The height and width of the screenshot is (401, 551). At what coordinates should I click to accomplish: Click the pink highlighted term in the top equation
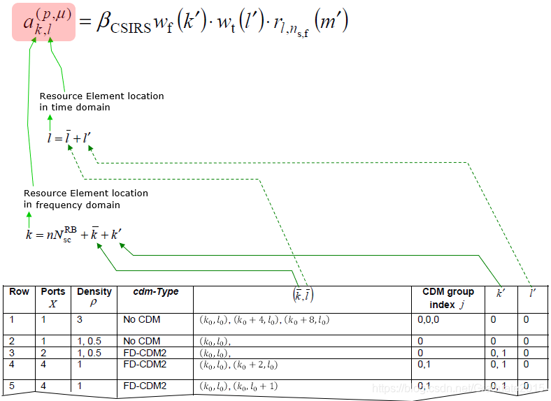pyautogui.click(x=43, y=24)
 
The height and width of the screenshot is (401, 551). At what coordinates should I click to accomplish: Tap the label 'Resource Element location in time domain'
pyautogui.click(x=101, y=101)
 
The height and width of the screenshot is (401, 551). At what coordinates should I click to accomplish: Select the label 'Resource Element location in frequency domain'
pyautogui.click(x=85, y=198)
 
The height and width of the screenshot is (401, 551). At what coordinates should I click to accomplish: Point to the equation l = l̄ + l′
pyautogui.click(x=68, y=138)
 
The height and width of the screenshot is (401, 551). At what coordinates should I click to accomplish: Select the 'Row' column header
pyautogui.click(x=19, y=291)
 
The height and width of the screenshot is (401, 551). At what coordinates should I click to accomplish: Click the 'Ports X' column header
pyautogui.click(x=53, y=297)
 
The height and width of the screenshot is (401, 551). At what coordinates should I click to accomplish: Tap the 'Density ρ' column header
pyautogui.click(x=94, y=297)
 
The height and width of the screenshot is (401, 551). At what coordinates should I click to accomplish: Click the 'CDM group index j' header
pyautogui.click(x=448, y=297)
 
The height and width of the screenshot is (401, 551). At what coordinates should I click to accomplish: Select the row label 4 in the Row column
pyautogui.click(x=13, y=364)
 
